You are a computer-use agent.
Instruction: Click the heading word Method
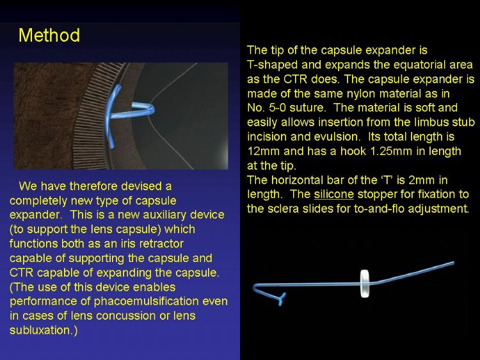click(49, 35)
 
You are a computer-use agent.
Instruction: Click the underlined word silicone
click(333, 194)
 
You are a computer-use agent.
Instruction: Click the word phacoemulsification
click(146, 301)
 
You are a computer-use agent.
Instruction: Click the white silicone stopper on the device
click(364, 283)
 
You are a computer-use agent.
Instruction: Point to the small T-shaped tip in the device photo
click(281, 299)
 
